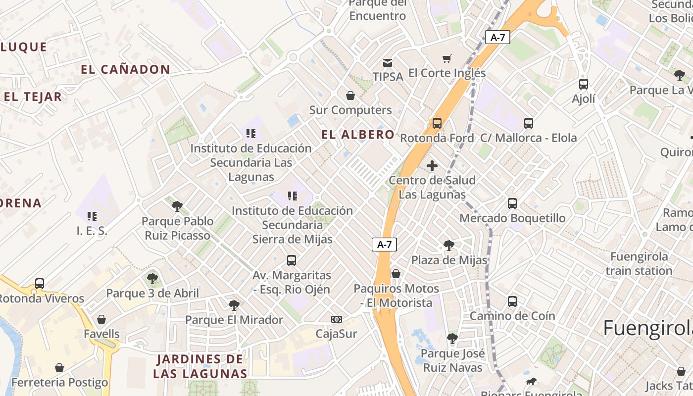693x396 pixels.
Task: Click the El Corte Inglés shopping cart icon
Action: pyautogui.click(x=447, y=59)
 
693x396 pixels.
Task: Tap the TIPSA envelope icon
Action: pyautogui.click(x=388, y=63)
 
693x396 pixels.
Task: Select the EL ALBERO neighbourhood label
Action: pyautogui.click(x=358, y=135)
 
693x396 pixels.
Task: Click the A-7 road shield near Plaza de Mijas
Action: pyautogui.click(x=384, y=244)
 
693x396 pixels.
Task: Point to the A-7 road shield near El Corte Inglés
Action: pyautogui.click(x=497, y=37)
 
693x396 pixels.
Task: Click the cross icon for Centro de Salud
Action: pyautogui.click(x=432, y=166)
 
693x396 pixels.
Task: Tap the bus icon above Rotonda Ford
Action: pyautogui.click(x=437, y=123)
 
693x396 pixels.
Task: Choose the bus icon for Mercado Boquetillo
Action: pyautogui.click(x=512, y=203)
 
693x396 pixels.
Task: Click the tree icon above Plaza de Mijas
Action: pyautogui.click(x=449, y=246)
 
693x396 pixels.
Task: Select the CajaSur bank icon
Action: pyautogui.click(x=337, y=319)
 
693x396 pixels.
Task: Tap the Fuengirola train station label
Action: pyautogui.click(x=639, y=264)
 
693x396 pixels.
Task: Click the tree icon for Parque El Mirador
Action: pyautogui.click(x=234, y=305)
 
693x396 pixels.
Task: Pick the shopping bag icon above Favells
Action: pyautogui.click(x=101, y=319)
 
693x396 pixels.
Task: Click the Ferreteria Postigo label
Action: pyautogui.click(x=59, y=383)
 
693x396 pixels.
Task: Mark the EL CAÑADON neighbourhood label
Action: pyautogui.click(x=125, y=70)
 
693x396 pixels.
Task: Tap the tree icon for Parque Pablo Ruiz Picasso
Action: pyautogui.click(x=177, y=206)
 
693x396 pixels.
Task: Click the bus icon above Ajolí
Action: pyautogui.click(x=584, y=84)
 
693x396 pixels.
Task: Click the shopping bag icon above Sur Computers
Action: pyautogui.click(x=350, y=96)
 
